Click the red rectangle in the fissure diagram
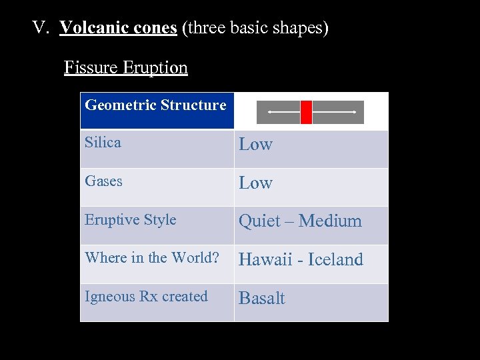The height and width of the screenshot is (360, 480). tap(306, 112)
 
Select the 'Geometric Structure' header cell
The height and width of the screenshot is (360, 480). tap(156, 105)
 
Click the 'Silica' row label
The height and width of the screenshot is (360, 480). tap(103, 142)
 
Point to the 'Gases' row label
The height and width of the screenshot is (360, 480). tap(103, 181)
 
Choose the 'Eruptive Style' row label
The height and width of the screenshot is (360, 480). tap(130, 219)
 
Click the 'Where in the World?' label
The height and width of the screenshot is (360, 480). tap(151, 257)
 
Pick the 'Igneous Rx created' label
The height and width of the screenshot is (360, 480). tap(146, 296)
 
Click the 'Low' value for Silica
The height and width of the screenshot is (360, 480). tap(256, 144)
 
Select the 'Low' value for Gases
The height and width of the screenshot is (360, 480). tap(256, 183)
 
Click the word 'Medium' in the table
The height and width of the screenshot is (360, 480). tap(331, 221)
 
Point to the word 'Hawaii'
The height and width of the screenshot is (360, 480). tap(265, 259)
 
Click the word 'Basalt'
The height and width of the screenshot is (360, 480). tap(261, 298)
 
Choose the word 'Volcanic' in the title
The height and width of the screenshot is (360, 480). tap(89, 28)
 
